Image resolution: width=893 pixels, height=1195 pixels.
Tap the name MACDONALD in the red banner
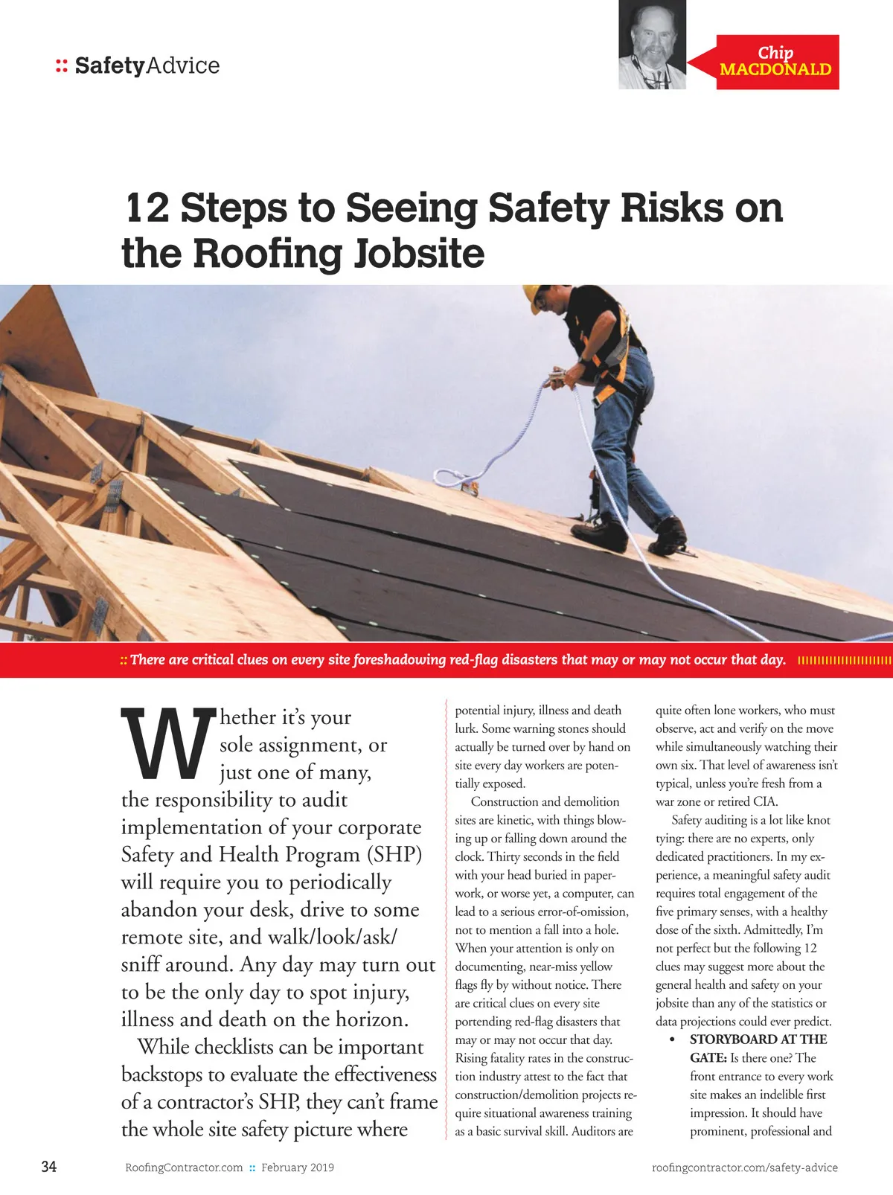coord(775,70)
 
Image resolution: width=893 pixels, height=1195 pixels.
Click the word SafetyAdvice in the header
coord(147,65)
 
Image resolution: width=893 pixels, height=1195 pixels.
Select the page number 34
coord(48,1167)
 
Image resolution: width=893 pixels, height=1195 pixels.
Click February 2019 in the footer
coord(298,1167)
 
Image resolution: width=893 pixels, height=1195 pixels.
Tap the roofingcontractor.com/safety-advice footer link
coord(744,1167)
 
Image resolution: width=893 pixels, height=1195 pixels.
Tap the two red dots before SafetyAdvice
coord(62,66)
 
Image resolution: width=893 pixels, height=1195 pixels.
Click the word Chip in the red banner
coord(775,53)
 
